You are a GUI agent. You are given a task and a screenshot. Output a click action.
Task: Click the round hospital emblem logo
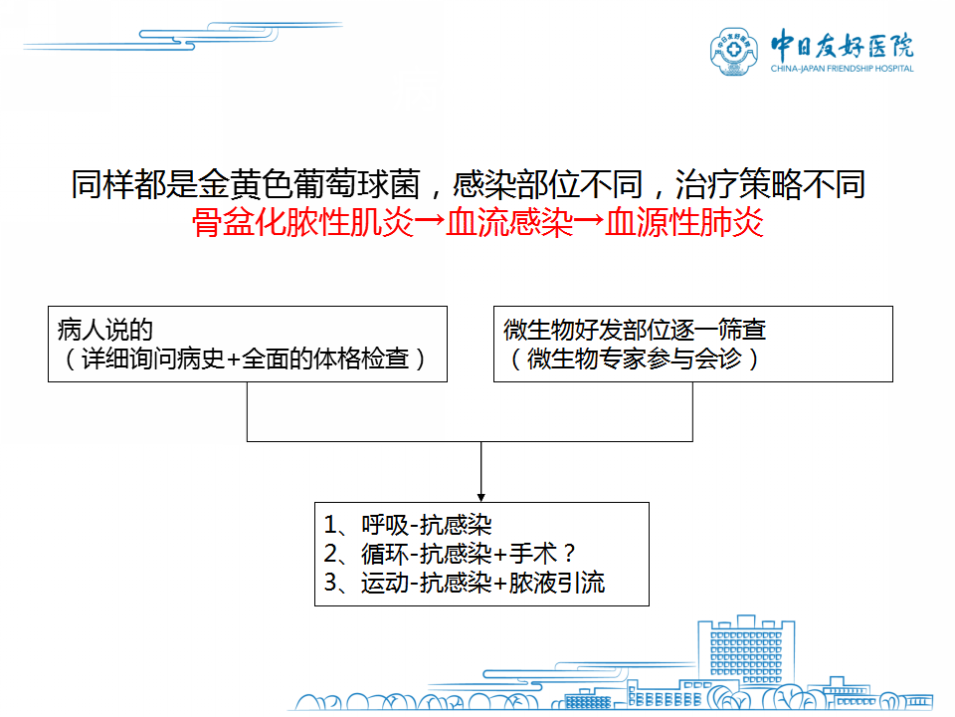click(734, 51)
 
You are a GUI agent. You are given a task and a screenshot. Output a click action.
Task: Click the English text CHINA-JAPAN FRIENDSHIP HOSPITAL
click(843, 69)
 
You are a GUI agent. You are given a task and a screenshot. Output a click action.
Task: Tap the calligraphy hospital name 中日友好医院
click(843, 45)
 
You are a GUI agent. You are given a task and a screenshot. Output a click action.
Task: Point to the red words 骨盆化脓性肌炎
click(302, 222)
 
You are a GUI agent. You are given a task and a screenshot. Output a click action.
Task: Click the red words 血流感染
click(509, 222)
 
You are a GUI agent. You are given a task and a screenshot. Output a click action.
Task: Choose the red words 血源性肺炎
click(684, 222)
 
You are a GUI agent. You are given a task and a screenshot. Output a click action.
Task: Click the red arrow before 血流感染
click(430, 222)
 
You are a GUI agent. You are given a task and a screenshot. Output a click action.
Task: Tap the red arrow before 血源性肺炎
click(589, 222)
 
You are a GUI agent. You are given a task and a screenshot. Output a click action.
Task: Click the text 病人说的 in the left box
click(104, 330)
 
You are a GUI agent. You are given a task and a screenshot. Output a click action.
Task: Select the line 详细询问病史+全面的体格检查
click(245, 358)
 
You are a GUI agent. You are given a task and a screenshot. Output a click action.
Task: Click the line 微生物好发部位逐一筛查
click(634, 330)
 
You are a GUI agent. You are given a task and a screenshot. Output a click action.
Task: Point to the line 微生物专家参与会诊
click(634, 358)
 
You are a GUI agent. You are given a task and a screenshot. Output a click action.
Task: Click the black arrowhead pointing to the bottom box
click(481, 498)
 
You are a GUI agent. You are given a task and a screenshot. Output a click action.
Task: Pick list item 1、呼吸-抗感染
click(408, 525)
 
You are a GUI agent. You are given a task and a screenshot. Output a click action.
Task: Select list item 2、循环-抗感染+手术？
click(450, 554)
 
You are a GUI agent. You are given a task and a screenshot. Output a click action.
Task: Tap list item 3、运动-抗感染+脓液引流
click(465, 583)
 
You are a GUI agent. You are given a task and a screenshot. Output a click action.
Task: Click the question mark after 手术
click(569, 554)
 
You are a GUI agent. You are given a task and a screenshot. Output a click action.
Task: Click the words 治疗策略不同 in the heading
click(770, 183)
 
